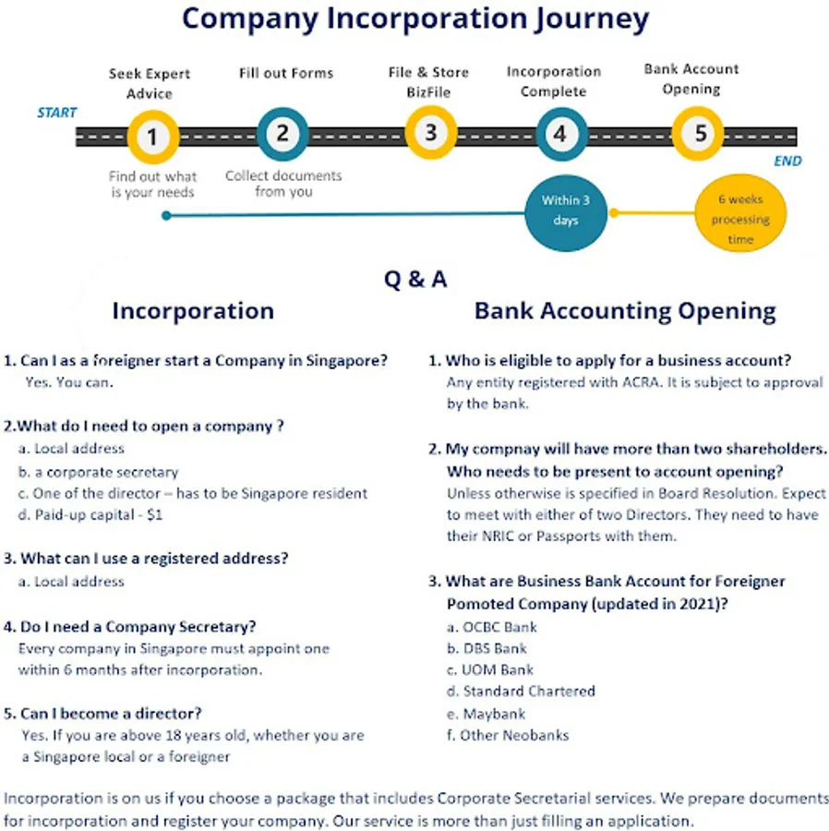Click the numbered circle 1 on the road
[x=152, y=138]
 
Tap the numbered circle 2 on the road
[x=282, y=135]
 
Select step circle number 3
[x=430, y=132]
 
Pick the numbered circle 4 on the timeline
[x=559, y=134]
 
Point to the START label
[x=57, y=113]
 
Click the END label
[x=787, y=162]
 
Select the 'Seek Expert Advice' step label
[x=150, y=83]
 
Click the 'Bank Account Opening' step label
[x=691, y=79]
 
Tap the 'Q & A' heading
[x=415, y=279]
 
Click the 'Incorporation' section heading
[x=193, y=311]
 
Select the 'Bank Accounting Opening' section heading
[x=625, y=311]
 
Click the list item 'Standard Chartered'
[x=521, y=691]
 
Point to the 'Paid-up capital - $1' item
[x=90, y=515]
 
